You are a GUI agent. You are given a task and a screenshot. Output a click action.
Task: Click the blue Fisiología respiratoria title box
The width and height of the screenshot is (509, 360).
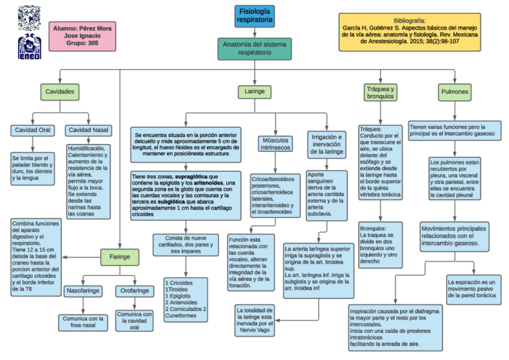click(x=255, y=16)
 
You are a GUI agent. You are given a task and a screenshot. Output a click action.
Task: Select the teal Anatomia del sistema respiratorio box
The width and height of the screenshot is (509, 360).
click(x=255, y=49)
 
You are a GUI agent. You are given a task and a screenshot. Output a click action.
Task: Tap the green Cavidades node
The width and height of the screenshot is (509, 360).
click(x=60, y=92)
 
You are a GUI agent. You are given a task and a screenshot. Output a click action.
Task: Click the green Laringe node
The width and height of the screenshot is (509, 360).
click(x=254, y=92)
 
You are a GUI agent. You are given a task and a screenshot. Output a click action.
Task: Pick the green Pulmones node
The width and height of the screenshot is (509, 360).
click(x=455, y=92)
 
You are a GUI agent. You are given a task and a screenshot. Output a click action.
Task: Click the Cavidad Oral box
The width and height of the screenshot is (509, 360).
click(x=33, y=130)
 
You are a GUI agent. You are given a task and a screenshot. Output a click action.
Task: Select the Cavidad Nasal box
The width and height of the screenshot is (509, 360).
click(x=88, y=130)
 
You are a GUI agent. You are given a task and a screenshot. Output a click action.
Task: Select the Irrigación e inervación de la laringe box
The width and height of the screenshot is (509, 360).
click(x=327, y=144)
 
